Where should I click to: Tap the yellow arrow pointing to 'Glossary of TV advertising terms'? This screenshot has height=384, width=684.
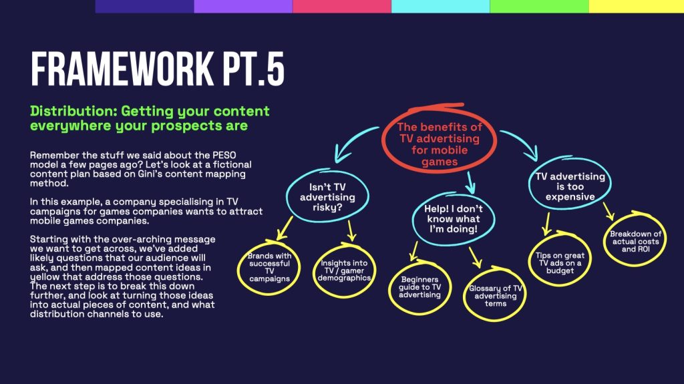(x=476, y=257)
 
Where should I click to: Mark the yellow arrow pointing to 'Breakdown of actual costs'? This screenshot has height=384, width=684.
(x=609, y=211)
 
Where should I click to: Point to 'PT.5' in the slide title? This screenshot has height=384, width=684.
(x=254, y=69)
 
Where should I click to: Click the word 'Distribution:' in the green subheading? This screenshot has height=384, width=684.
(x=73, y=111)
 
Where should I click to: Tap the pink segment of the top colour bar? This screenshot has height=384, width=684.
(x=342, y=6)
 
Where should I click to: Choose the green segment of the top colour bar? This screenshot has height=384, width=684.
(x=539, y=6)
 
